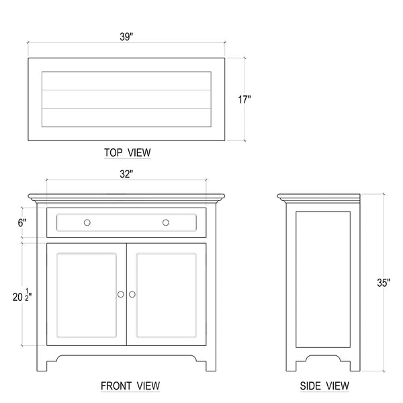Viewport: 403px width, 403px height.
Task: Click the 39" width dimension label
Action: tap(126, 37)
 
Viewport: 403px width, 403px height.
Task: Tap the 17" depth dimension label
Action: tap(244, 99)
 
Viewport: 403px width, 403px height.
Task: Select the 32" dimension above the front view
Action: tap(126, 174)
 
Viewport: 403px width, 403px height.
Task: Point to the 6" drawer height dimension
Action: tap(22, 223)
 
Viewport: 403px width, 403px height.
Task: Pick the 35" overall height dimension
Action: tap(384, 283)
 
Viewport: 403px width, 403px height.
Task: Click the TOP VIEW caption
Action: tap(127, 152)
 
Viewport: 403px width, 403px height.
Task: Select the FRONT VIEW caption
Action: tap(130, 386)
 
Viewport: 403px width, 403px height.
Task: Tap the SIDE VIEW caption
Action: tap(324, 386)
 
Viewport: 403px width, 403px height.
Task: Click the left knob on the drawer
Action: tap(87, 222)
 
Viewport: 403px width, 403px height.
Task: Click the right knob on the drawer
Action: tap(166, 222)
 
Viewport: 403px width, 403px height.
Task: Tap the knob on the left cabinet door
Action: tap(120, 294)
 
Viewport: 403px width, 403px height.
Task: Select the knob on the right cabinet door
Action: tap(132, 294)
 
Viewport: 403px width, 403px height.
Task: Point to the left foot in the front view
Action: tap(42, 365)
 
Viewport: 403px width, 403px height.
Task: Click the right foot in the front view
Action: tap(211, 365)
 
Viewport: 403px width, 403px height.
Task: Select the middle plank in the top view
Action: tap(126, 99)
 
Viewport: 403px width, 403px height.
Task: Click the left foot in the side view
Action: tap(292, 365)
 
